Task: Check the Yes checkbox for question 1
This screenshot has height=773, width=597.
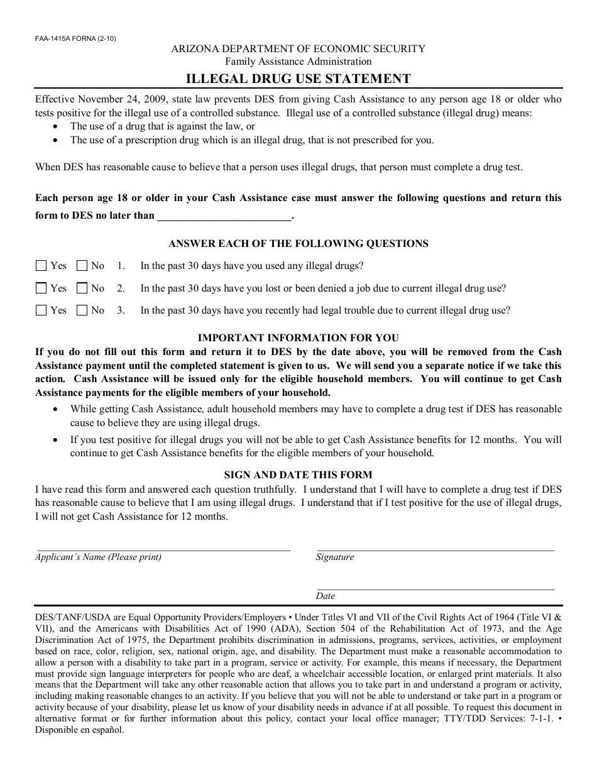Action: pyautogui.click(x=41, y=266)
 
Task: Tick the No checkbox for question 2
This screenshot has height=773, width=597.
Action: pyautogui.click(x=82, y=288)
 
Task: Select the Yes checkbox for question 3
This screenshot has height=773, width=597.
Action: pyautogui.click(x=41, y=310)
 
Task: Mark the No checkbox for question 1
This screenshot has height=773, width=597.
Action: pyautogui.click(x=82, y=266)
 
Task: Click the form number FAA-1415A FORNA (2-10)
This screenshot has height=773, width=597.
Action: pyautogui.click(x=75, y=38)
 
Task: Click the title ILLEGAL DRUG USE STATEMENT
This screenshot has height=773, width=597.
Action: pyautogui.click(x=298, y=79)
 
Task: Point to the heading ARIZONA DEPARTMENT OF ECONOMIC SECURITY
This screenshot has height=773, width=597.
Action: pyautogui.click(x=298, y=48)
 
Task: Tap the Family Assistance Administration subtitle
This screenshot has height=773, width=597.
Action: pyautogui.click(x=298, y=62)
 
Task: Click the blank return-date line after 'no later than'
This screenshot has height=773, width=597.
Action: pyautogui.click(x=224, y=216)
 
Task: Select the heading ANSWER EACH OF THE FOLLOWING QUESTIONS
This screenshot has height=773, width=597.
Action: pyautogui.click(x=298, y=244)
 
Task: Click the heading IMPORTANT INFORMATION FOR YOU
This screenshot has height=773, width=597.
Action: pyautogui.click(x=298, y=338)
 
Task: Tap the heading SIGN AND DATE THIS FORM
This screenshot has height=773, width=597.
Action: pyautogui.click(x=298, y=475)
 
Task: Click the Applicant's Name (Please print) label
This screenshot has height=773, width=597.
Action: pyautogui.click(x=98, y=557)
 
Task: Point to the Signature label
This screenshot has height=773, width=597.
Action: pyautogui.click(x=335, y=557)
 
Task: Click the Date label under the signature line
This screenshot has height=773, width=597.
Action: pyautogui.click(x=326, y=596)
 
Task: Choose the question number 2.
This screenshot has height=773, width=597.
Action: pyautogui.click(x=121, y=288)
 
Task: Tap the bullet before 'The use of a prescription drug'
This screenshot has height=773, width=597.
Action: pyautogui.click(x=57, y=140)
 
